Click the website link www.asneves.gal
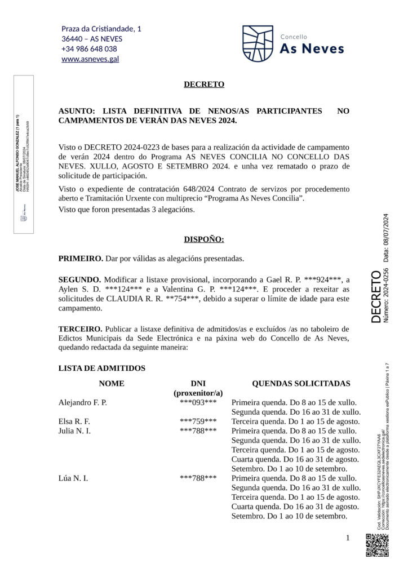click(x=90, y=59)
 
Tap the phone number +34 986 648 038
click(x=89, y=48)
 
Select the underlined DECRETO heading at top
click(x=204, y=85)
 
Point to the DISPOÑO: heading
click(x=204, y=239)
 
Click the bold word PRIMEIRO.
click(x=81, y=259)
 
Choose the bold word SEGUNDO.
click(x=79, y=279)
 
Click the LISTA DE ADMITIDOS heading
click(x=102, y=368)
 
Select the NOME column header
click(x=112, y=383)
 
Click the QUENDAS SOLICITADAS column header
click(x=301, y=383)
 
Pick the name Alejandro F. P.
click(x=83, y=402)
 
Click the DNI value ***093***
click(x=198, y=402)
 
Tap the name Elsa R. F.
click(x=74, y=421)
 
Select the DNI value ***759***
click(x=198, y=421)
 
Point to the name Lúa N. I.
click(x=73, y=478)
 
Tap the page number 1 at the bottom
click(x=348, y=538)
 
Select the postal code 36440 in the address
click(x=73, y=39)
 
